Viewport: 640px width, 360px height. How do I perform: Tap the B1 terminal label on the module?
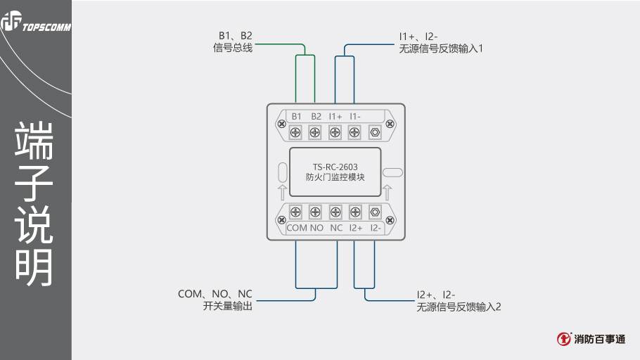coord(296,116)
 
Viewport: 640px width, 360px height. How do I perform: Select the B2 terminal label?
coord(316,116)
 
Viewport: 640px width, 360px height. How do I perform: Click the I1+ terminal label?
coord(335,116)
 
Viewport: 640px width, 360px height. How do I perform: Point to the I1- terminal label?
coord(354,116)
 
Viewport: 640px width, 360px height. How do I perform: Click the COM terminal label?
coord(297,228)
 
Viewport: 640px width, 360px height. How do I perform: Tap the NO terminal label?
coord(316,228)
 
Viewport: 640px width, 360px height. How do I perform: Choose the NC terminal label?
coord(336,228)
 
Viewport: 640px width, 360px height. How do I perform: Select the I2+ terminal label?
coord(355,228)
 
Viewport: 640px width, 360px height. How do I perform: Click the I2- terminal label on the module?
coord(376,228)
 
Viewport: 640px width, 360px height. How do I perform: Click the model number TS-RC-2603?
coord(335,167)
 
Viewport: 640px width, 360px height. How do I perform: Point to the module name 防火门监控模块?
coord(335,177)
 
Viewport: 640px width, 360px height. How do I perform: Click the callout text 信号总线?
coord(232,48)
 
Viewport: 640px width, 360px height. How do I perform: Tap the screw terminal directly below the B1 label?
coord(296,131)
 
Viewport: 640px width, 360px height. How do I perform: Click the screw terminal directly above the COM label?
coord(296,212)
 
